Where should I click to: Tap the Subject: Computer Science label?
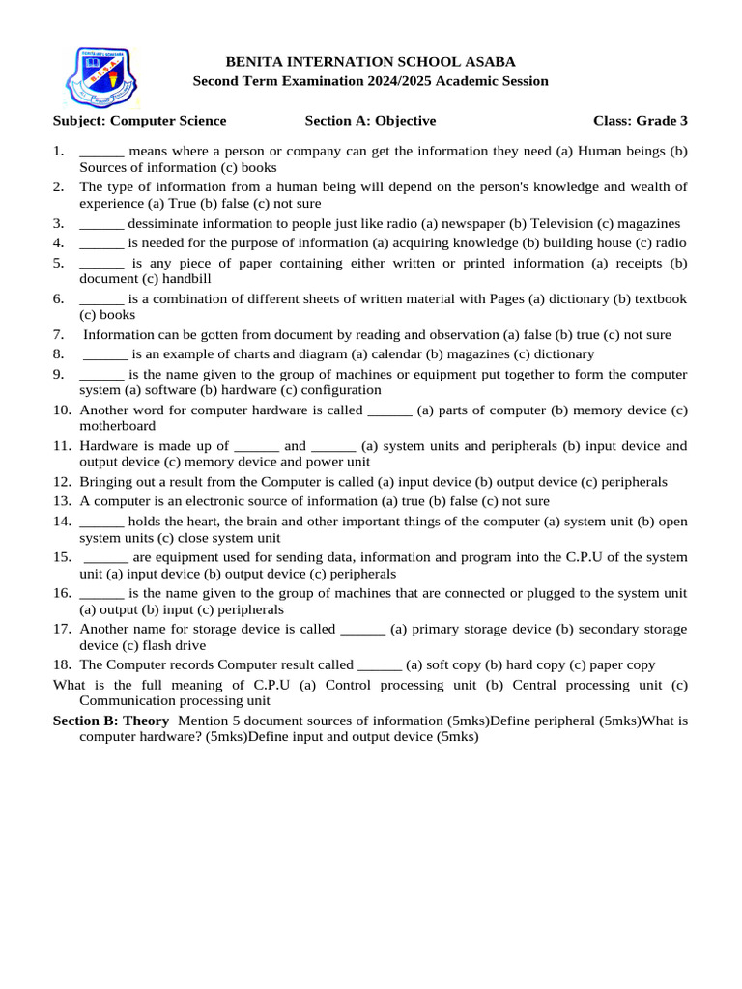tap(139, 121)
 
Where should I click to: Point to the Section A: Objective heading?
tap(370, 121)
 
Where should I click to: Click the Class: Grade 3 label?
tap(641, 121)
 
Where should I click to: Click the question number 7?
tap(59, 335)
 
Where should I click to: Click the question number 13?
tap(62, 501)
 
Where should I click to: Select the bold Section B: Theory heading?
tap(110, 721)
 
